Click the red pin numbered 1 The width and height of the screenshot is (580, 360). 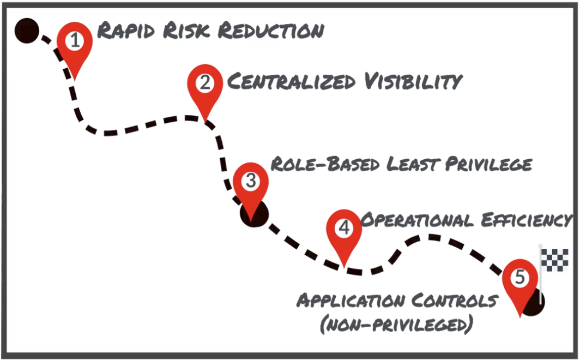(75, 44)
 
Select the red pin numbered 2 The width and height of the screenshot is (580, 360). (205, 87)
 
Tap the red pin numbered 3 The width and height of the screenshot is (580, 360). (251, 185)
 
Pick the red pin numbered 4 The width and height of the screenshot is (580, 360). (344, 232)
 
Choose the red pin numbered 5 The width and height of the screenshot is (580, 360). (519, 281)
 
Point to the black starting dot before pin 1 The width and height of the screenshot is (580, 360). (27, 31)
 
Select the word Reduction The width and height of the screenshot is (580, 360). (271, 31)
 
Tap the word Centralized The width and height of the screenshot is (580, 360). (291, 81)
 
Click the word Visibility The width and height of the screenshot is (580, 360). (414, 81)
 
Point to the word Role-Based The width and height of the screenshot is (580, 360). (325, 164)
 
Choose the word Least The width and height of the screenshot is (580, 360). (414, 164)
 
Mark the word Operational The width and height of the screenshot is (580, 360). (417, 220)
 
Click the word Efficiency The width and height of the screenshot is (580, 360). (527, 220)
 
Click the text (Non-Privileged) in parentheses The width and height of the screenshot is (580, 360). (396, 325)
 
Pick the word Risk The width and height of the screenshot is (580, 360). (186, 30)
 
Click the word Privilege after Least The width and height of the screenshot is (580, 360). (489, 164)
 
